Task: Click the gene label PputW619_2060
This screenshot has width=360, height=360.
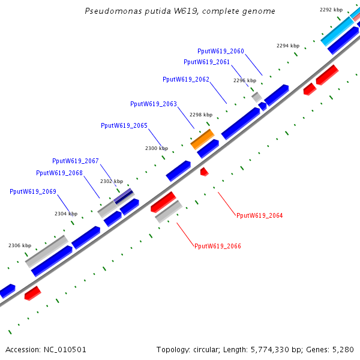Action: (220, 51)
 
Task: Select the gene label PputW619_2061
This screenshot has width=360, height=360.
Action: (206, 62)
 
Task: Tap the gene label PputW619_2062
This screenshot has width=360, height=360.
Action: (185, 79)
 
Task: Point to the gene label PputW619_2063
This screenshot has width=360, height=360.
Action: (153, 104)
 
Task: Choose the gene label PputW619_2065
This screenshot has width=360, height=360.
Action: (124, 125)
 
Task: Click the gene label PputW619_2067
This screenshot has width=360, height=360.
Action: (75, 161)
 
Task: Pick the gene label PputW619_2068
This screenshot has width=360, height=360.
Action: (59, 173)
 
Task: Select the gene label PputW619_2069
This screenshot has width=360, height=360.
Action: (32, 191)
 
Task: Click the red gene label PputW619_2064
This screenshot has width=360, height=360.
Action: (259, 215)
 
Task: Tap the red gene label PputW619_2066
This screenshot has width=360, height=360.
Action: (218, 246)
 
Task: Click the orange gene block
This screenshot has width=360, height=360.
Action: (202, 139)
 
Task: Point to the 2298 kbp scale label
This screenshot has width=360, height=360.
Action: (201, 115)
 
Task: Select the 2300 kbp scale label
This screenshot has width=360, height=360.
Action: (157, 148)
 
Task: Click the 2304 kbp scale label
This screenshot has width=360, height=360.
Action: (66, 214)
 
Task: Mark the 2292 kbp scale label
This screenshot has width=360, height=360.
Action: (331, 10)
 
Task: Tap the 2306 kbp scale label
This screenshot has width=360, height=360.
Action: (19, 245)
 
